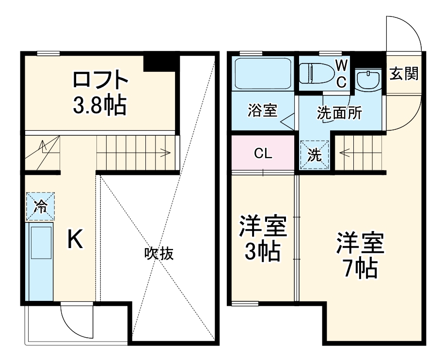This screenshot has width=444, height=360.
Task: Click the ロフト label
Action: (101, 79)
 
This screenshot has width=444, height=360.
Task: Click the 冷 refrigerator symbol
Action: (40, 206)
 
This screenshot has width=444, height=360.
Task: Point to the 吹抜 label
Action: (159, 253)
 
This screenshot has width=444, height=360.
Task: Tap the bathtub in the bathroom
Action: (262, 73)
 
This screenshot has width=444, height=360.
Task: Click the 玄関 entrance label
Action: (404, 74)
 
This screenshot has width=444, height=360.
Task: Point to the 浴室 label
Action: (262, 111)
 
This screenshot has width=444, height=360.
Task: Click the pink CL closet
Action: (263, 154)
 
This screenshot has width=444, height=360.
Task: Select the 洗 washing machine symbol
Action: (315, 155)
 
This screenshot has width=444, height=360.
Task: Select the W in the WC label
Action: (341, 64)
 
